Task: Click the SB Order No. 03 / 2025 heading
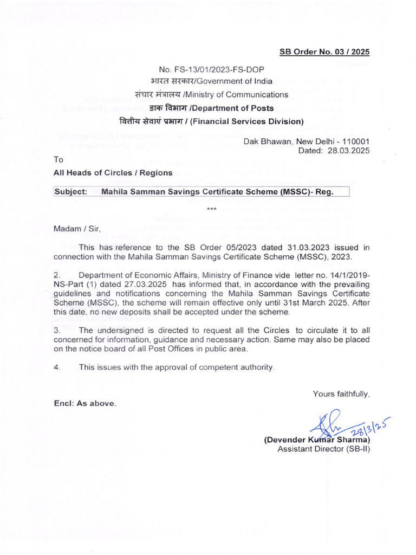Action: [x=324, y=52]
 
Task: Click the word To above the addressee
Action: [x=58, y=160]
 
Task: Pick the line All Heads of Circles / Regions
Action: [x=113, y=173]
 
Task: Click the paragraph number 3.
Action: [x=56, y=331]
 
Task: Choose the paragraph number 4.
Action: [x=56, y=367]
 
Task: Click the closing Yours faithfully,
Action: [x=341, y=394]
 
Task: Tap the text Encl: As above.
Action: [x=84, y=403]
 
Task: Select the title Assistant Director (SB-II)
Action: [x=323, y=449]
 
